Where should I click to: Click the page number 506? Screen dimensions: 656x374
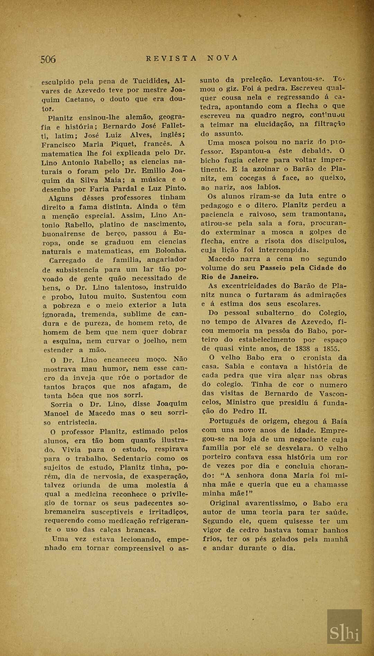[x=48, y=59]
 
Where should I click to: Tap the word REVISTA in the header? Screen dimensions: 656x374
[x=171, y=58]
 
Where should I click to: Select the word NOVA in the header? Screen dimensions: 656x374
[x=223, y=58]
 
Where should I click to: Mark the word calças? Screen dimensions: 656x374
[x=110, y=530]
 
